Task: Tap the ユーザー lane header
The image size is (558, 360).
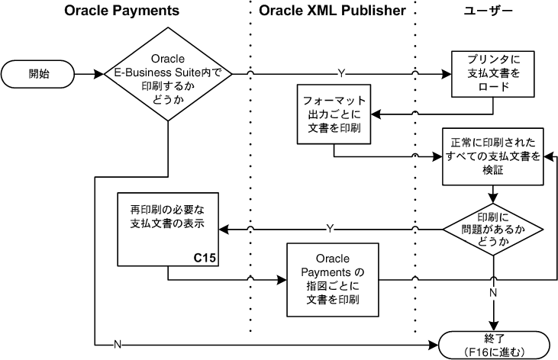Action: (488, 11)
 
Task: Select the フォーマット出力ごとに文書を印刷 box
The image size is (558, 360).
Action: (334, 114)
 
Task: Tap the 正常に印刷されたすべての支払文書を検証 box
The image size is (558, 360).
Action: (493, 156)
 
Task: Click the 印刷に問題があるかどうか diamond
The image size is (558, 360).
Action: (493, 228)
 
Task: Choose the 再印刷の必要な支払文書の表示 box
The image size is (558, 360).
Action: (168, 229)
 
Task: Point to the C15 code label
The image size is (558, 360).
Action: (205, 258)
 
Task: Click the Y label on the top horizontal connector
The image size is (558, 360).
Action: (340, 74)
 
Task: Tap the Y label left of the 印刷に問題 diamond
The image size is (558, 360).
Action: (330, 228)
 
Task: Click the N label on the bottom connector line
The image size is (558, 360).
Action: (117, 344)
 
